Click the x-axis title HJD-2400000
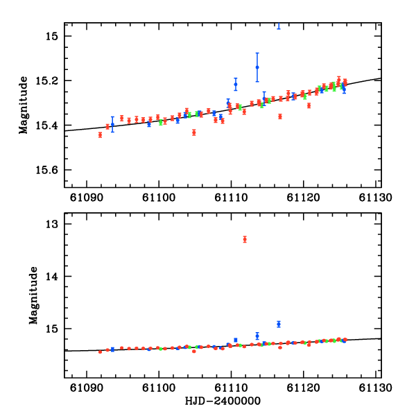tap(222, 401)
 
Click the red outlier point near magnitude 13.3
tap(245, 239)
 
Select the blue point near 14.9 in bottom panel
tap(279, 324)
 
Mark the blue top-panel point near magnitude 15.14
tap(257, 67)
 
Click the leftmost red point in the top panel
tap(100, 135)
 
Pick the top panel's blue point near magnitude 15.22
tap(236, 85)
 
